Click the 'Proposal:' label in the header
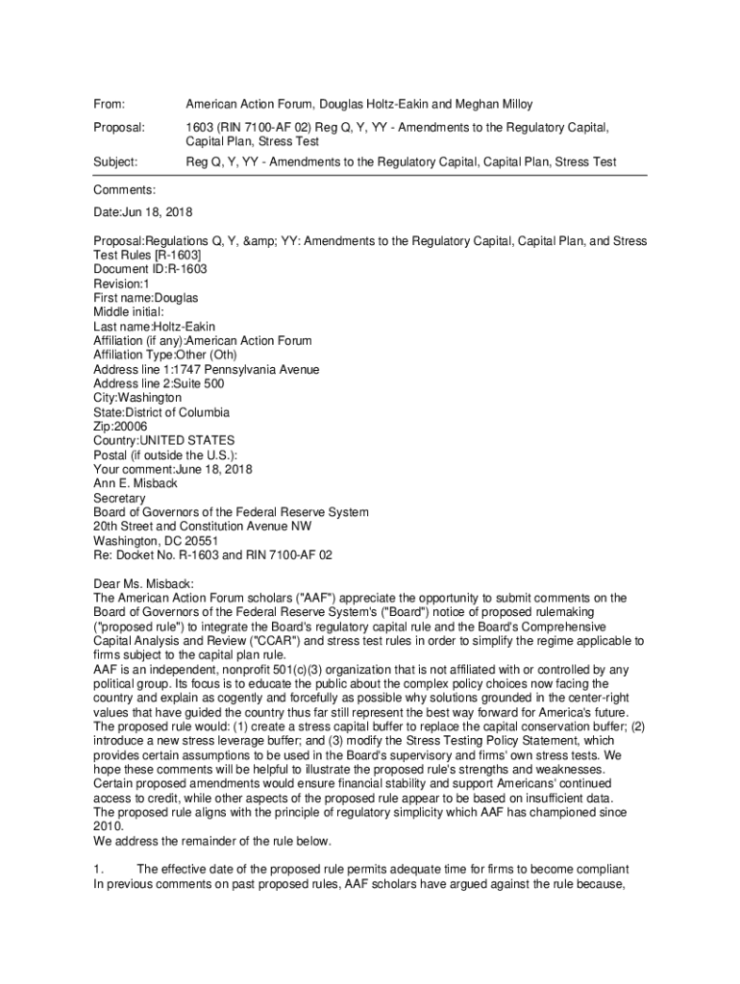(x=118, y=128)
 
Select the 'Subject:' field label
(x=115, y=162)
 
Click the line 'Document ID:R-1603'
(x=150, y=269)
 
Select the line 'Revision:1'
(x=121, y=283)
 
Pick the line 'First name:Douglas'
(x=145, y=298)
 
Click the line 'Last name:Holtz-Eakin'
(x=154, y=327)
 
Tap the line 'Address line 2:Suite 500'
(x=159, y=383)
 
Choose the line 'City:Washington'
(x=136, y=398)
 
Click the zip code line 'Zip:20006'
(x=122, y=427)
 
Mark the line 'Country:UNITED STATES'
(x=163, y=441)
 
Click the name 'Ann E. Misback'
(x=136, y=484)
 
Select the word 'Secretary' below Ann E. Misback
(x=119, y=499)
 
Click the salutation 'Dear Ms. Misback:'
(x=143, y=584)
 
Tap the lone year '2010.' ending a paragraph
(x=109, y=826)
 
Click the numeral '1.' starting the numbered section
(x=98, y=870)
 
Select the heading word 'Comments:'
(x=124, y=190)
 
